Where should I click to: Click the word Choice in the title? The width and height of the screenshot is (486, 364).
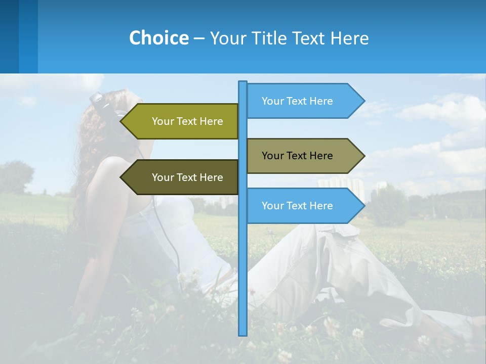[x=158, y=38]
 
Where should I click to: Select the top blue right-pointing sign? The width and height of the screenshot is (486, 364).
[x=299, y=101]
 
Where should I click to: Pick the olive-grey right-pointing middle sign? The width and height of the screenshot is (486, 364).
[x=299, y=156]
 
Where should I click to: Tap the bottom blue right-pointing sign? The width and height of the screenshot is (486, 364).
[x=299, y=206]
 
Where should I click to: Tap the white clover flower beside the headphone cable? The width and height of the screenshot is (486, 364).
[x=183, y=277]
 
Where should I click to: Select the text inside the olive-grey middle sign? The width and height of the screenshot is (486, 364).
[x=297, y=156]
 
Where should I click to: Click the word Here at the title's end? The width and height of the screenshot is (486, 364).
[x=349, y=38]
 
